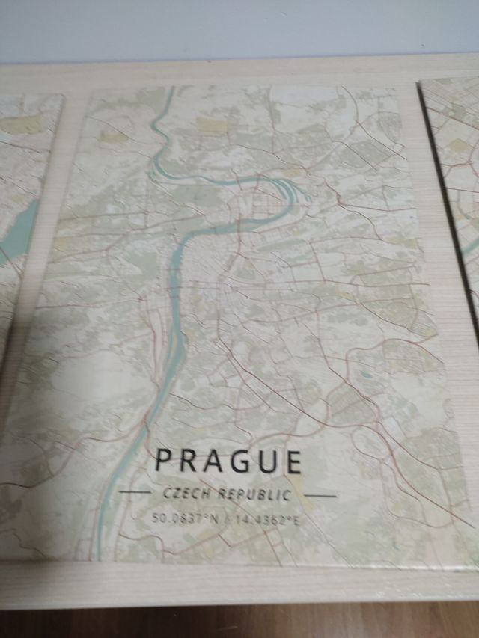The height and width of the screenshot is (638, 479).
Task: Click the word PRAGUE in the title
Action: pos(228,460)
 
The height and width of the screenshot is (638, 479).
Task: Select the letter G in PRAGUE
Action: pos(240,461)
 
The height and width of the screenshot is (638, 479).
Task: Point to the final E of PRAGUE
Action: pos(293,462)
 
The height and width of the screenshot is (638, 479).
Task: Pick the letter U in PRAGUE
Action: pos(267,461)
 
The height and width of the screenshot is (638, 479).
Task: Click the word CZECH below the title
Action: pos(187,493)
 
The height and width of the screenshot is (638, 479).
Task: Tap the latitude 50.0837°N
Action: pos(183,518)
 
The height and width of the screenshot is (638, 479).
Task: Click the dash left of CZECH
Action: pos(135,492)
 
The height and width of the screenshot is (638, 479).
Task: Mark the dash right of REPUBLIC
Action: pos(321,495)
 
